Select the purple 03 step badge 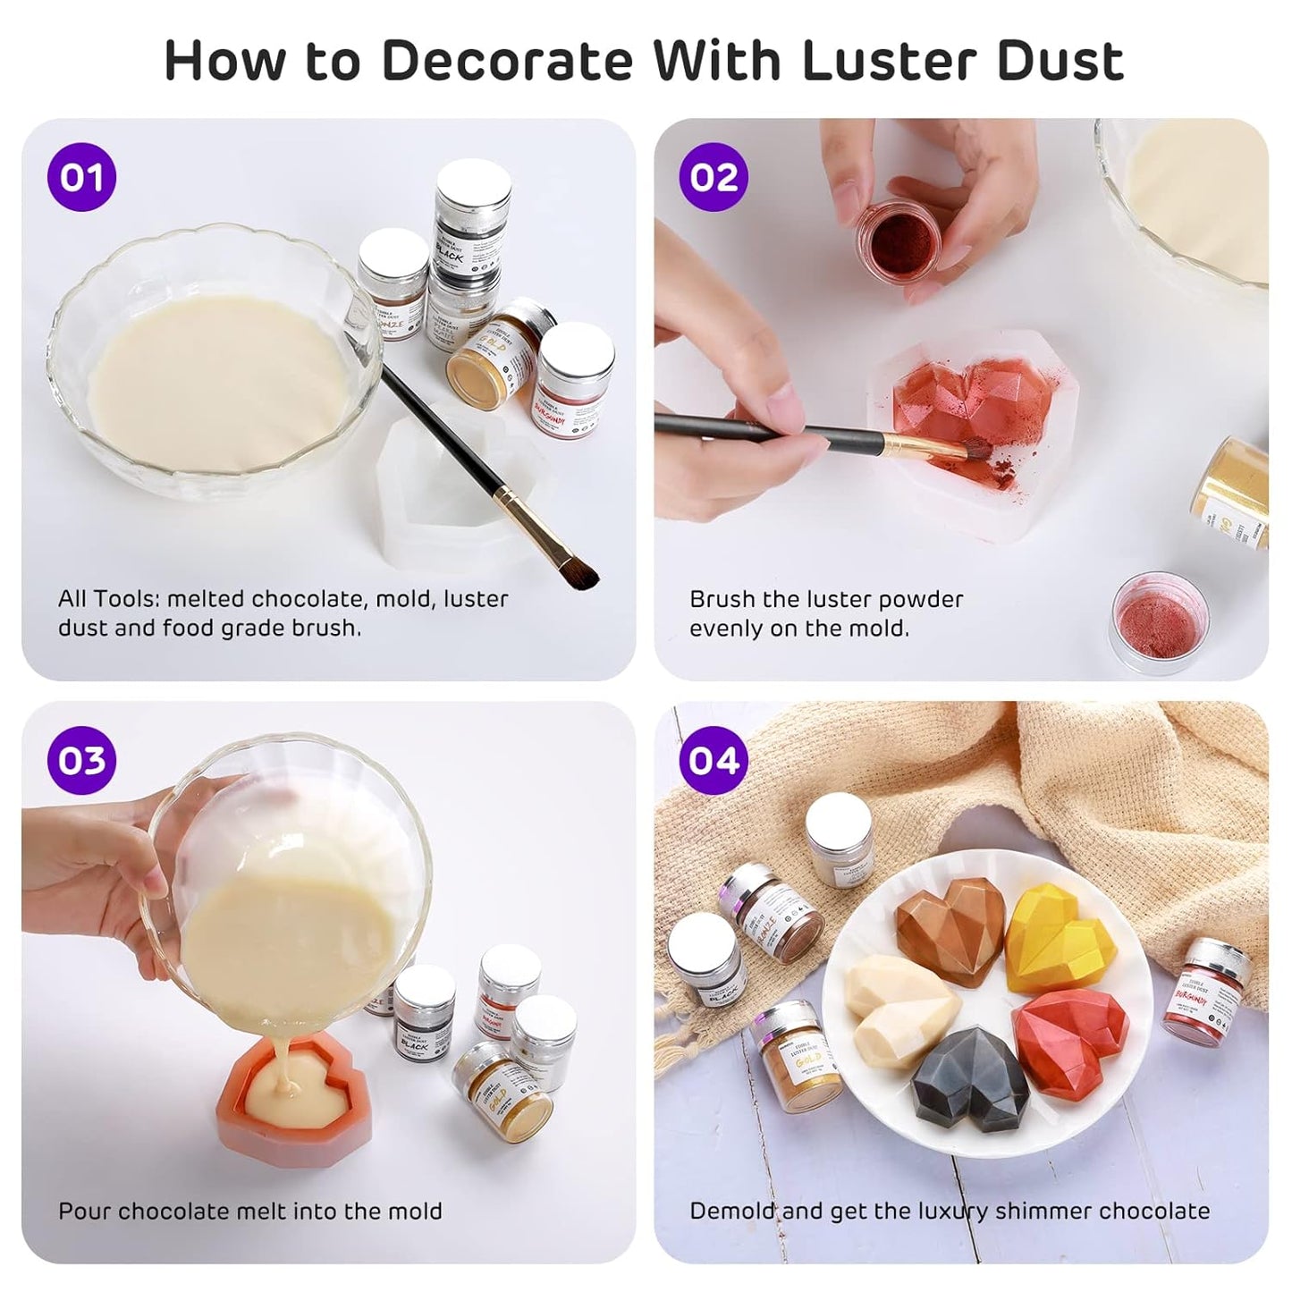pos(81,760)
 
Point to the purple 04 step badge pos(714,760)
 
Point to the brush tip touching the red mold pos(970,447)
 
